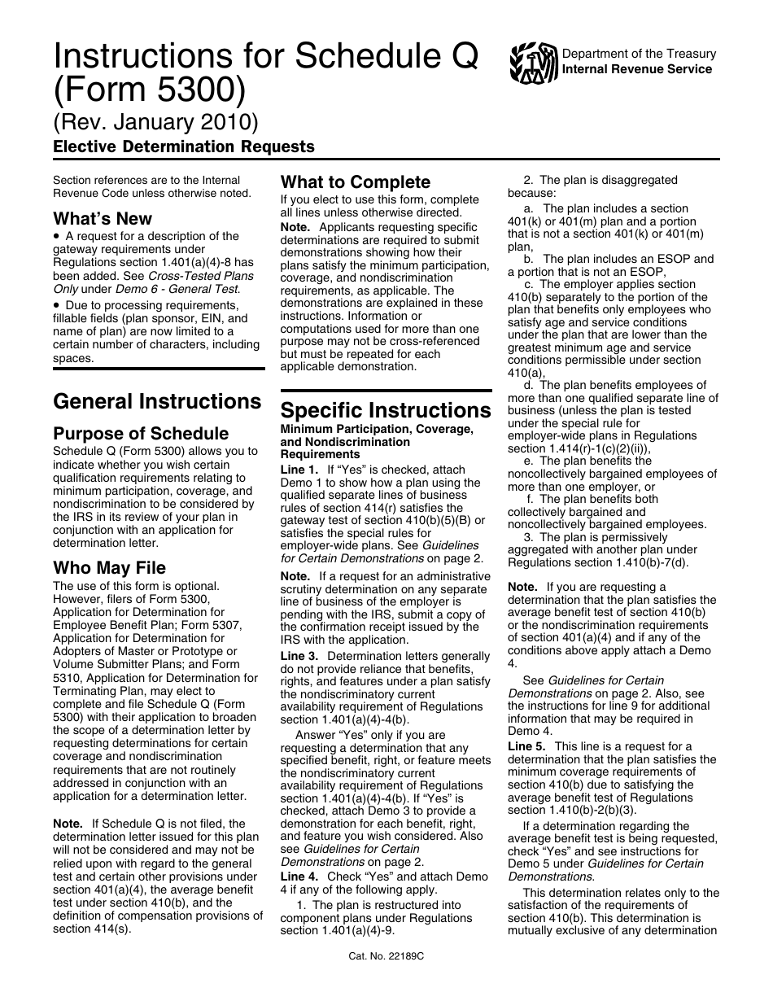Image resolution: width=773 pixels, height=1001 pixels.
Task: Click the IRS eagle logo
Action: pos(534,63)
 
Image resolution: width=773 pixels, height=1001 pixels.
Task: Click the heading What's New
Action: pos(103,218)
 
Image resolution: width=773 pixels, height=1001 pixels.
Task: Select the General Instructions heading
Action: pos(157,401)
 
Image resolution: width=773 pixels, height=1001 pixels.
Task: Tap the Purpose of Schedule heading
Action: pos(141,433)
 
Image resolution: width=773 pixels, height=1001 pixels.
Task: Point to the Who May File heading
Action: pos(109,567)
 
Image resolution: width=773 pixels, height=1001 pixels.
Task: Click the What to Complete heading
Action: pos(356,182)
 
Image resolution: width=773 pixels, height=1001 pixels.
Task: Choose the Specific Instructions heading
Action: pos(386,409)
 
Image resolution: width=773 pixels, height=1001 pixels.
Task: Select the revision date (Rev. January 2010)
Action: pos(155,121)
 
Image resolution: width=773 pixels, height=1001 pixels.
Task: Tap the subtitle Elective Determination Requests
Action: pos(184,147)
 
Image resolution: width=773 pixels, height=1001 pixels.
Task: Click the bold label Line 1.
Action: pos(299,470)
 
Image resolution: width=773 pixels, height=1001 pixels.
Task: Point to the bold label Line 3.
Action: pos(299,656)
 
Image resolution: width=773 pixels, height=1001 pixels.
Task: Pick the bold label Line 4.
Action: pos(299,876)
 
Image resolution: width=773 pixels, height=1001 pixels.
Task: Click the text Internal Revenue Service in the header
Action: pos(637,69)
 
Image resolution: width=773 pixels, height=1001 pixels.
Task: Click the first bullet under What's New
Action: pos(56,237)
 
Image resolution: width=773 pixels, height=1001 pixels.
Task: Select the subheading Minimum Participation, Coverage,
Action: pos(376,429)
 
